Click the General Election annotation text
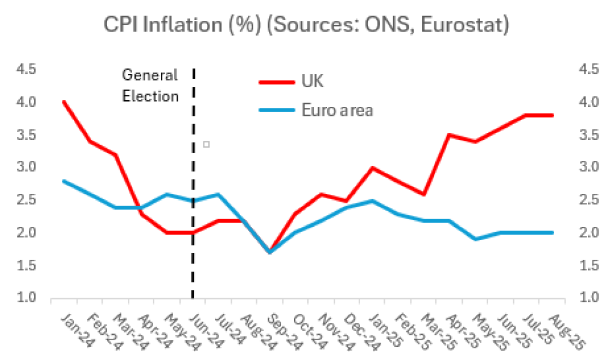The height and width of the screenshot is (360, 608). coord(151,86)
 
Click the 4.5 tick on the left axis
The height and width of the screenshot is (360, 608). coord(26,70)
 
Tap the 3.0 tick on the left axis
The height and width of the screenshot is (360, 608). coord(26,167)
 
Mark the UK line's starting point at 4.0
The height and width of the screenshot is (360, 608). coord(64,102)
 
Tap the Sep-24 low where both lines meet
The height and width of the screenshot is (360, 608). coord(269,252)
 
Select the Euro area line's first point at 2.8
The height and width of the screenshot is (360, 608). coord(64,181)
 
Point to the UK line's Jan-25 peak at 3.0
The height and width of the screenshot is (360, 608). coord(373,167)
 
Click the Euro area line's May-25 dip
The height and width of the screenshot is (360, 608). coord(475,239)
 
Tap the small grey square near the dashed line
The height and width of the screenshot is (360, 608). coord(206,144)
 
